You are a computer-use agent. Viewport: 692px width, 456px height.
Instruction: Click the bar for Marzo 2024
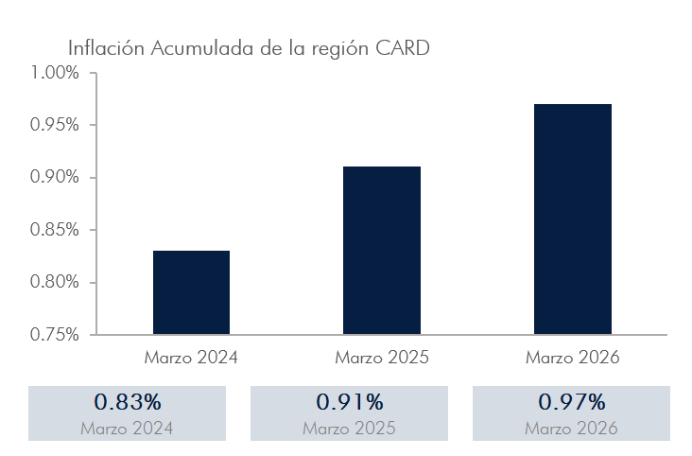tap(191, 292)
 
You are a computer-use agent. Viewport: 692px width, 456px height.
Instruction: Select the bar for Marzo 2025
tap(382, 251)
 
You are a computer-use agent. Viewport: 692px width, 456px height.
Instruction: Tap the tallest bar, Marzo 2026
tap(573, 219)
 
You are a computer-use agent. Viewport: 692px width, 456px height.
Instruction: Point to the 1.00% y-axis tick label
tap(55, 73)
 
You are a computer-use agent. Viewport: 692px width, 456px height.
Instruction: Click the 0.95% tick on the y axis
tap(55, 125)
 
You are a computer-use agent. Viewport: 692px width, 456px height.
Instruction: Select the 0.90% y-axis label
tap(55, 178)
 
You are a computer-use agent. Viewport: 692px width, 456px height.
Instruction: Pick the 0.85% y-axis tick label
tap(55, 230)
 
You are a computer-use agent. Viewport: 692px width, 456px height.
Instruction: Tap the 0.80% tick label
tap(55, 282)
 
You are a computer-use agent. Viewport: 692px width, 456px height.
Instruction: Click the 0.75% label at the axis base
tap(55, 335)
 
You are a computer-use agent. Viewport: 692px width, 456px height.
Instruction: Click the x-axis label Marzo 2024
tap(191, 359)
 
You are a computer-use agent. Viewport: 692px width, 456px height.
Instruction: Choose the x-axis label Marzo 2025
tap(382, 359)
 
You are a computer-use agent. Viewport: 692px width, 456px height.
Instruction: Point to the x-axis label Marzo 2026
tap(573, 359)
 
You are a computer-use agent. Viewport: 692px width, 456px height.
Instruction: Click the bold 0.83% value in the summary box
tap(128, 402)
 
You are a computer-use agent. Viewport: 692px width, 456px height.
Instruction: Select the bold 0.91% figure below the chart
tap(350, 402)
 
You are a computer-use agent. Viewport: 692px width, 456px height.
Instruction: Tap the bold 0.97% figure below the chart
tap(572, 402)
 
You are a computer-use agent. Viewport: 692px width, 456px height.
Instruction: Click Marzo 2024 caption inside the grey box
tap(128, 428)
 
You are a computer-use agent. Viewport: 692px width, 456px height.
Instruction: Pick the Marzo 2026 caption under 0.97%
tap(572, 428)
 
